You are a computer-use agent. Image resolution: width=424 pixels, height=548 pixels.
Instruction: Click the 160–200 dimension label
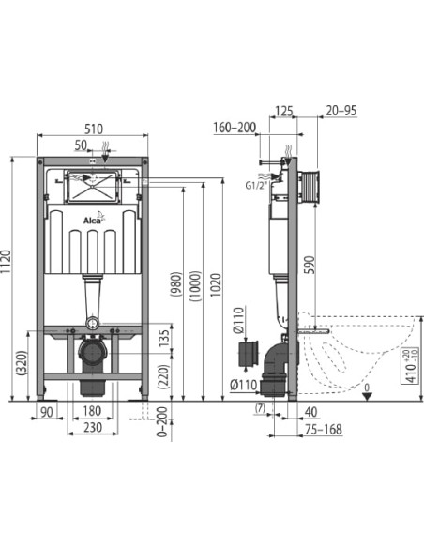(235, 129)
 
